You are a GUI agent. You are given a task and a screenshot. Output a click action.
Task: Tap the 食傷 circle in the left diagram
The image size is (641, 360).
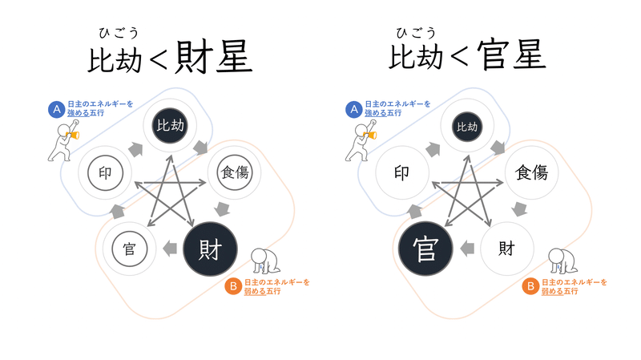pyautogui.click(x=235, y=172)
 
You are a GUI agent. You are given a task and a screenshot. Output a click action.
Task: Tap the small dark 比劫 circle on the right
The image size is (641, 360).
pyautogui.click(x=467, y=127)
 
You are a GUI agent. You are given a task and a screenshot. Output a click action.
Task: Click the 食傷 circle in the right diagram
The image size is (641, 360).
pyautogui.click(x=531, y=172)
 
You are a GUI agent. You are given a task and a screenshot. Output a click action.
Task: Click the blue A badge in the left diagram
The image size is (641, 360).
pyautogui.click(x=57, y=109)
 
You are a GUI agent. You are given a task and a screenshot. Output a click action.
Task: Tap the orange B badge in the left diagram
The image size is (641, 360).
pyautogui.click(x=232, y=286)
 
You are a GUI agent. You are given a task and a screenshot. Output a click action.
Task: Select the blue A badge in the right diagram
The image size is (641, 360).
pyautogui.click(x=353, y=109)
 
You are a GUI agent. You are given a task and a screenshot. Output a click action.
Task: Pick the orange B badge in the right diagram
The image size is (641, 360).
pyautogui.click(x=530, y=286)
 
